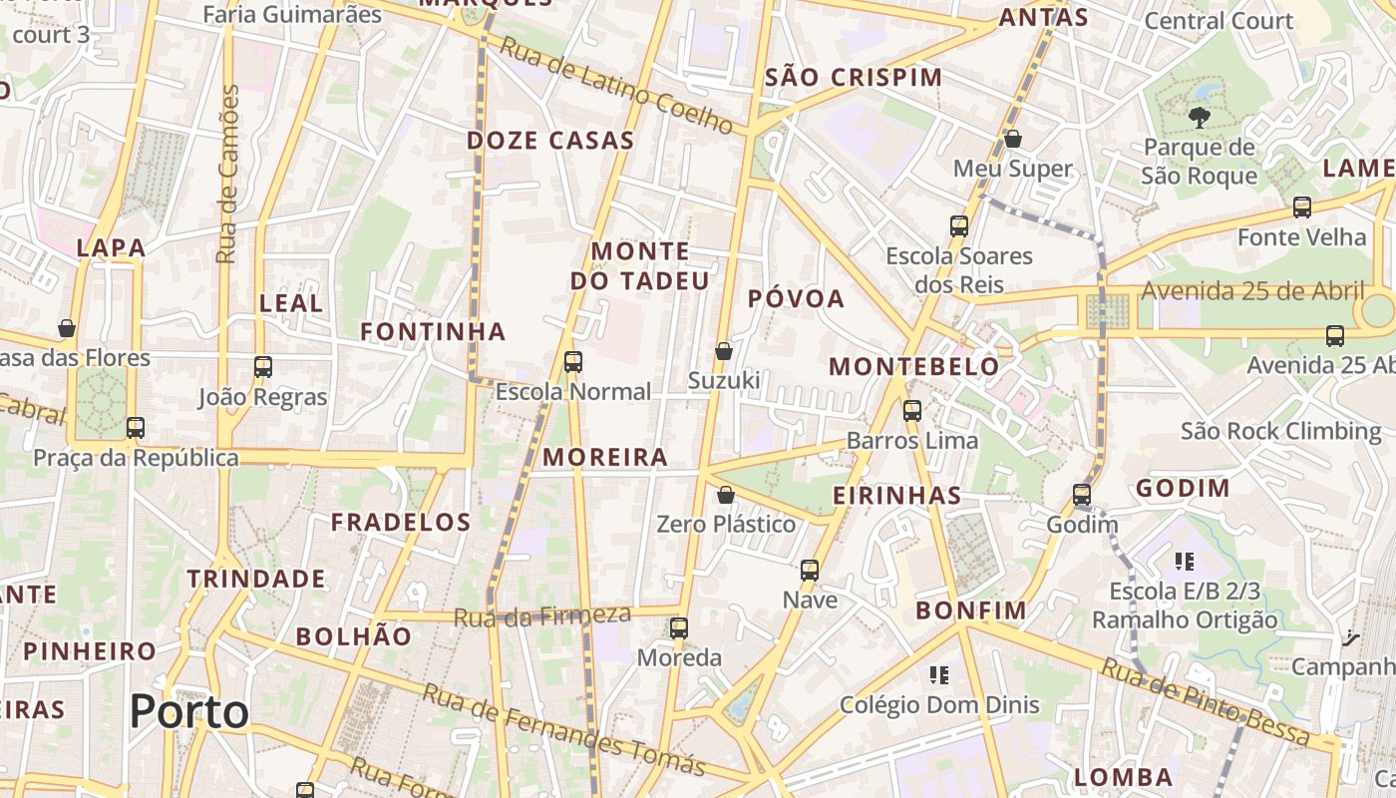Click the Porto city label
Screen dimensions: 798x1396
click(188, 711)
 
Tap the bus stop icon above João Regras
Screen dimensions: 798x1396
click(263, 367)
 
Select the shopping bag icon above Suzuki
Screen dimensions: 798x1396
click(724, 351)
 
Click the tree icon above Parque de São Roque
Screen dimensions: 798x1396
click(1199, 118)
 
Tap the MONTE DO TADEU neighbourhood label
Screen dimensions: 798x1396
click(639, 266)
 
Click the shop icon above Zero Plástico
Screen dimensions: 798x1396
click(726, 495)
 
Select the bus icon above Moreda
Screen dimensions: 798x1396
click(679, 628)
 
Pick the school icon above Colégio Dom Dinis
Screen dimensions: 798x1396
click(938, 675)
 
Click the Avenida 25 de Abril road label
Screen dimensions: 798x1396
click(1252, 291)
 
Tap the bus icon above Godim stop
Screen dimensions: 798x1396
click(1082, 495)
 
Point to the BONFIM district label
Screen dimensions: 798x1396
click(970, 610)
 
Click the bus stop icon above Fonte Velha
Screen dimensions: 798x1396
click(1302, 207)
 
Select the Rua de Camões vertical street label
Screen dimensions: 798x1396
click(228, 175)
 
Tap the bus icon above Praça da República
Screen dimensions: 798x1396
click(136, 428)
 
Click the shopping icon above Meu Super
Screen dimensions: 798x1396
click(1013, 139)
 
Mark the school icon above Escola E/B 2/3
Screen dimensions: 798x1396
click(1185, 562)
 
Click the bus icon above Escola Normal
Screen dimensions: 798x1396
click(573, 362)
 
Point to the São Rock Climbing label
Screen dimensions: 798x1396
click(1281, 432)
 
